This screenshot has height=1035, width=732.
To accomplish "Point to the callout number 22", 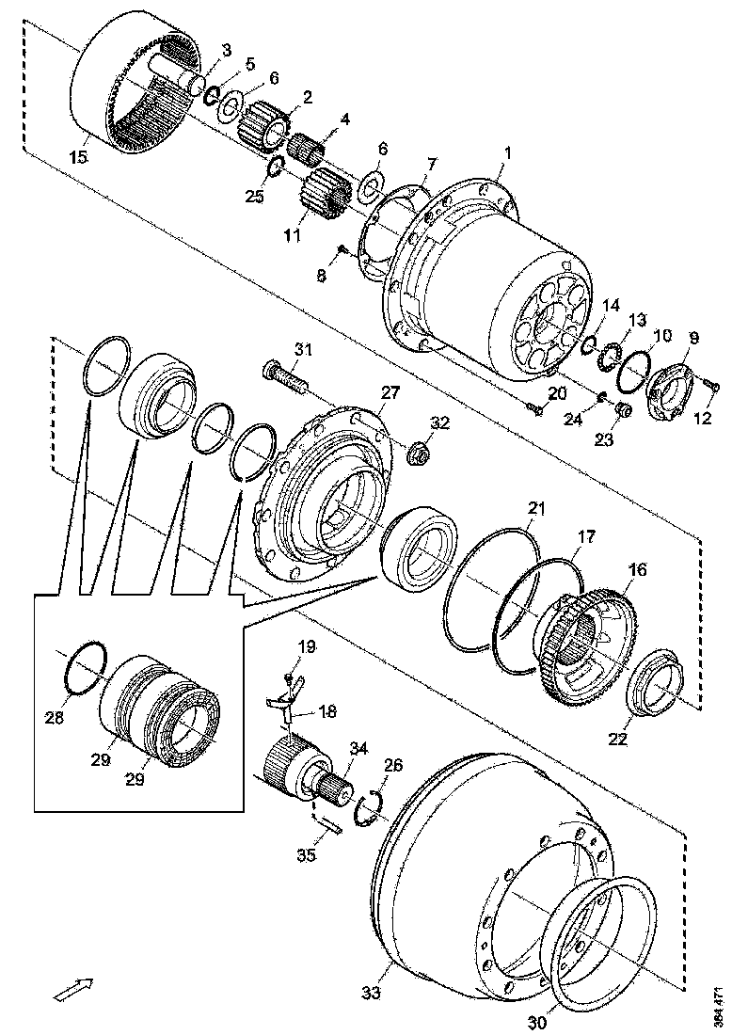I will [616, 740].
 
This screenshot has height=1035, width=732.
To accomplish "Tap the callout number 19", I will [308, 646].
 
